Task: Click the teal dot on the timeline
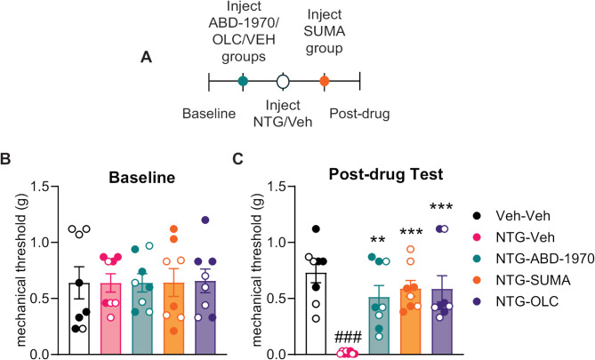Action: coord(243,82)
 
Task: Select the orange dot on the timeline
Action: coord(325,82)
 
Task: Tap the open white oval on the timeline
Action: coord(283,82)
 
